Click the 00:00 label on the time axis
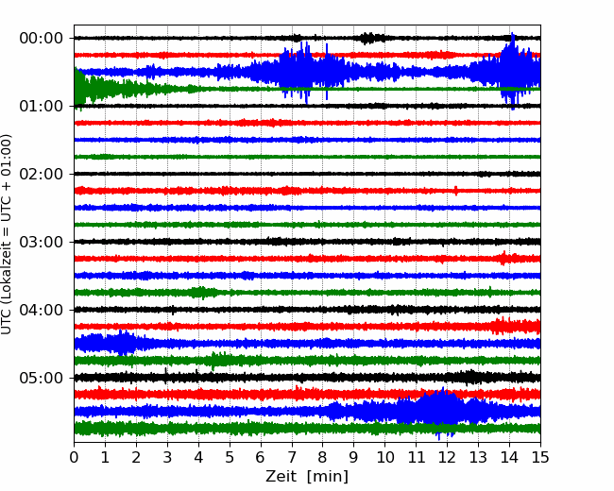(x=42, y=39)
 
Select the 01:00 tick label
(x=42, y=106)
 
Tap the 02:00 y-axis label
(x=42, y=174)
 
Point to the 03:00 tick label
(x=42, y=242)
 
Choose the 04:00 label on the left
(x=42, y=310)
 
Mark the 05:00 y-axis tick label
(x=42, y=378)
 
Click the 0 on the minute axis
(x=74, y=457)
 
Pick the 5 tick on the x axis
(x=230, y=457)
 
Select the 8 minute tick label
(x=323, y=457)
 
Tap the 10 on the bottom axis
(x=384, y=457)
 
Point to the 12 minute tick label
(x=447, y=457)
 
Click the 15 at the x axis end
(x=540, y=457)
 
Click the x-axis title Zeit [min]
(x=307, y=477)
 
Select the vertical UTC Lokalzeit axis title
(x=7, y=234)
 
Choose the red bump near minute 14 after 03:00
(x=504, y=259)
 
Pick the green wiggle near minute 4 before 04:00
(x=201, y=293)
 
